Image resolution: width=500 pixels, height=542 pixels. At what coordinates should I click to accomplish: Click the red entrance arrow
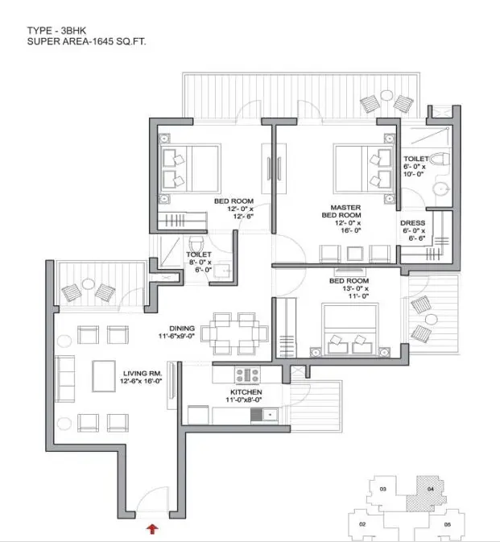pyautogui.click(x=152, y=529)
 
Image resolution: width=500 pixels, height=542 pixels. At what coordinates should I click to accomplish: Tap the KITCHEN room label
pyautogui.click(x=246, y=392)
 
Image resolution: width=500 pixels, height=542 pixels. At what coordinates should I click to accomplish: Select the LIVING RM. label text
pyautogui.click(x=143, y=374)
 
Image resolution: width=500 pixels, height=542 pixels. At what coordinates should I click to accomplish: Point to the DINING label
pyautogui.click(x=182, y=329)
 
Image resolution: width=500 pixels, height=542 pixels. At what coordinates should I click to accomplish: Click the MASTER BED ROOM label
pyautogui.click(x=341, y=211)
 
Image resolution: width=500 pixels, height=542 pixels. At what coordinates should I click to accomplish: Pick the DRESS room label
pyautogui.click(x=412, y=223)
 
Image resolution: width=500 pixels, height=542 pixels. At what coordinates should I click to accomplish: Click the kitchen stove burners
pyautogui.click(x=247, y=375)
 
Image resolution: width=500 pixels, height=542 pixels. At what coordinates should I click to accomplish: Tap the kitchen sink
pyautogui.click(x=271, y=414)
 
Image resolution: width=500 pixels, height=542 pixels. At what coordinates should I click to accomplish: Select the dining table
pyautogui.click(x=234, y=333)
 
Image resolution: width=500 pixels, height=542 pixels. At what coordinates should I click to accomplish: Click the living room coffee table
pyautogui.click(x=104, y=376)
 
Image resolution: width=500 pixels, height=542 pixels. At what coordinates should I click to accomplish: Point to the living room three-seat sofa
pyautogui.click(x=64, y=379)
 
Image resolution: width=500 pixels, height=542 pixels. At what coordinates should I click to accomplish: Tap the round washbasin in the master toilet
pyautogui.click(x=441, y=189)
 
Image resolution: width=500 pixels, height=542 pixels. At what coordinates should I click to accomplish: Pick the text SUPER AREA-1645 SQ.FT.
pyautogui.click(x=86, y=42)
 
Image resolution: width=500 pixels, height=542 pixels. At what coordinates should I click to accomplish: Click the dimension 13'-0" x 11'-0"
pyautogui.click(x=356, y=292)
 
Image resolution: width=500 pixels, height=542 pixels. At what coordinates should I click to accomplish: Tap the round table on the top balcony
pyautogui.click(x=386, y=95)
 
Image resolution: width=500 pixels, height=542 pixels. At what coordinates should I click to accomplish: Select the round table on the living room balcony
pyautogui.click(x=88, y=284)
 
